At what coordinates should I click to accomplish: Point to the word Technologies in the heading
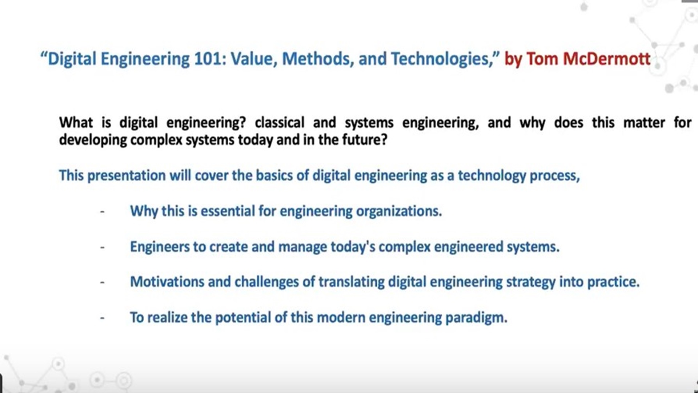(x=441, y=59)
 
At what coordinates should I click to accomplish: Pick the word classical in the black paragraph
(x=279, y=123)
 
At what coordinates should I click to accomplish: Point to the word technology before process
(x=492, y=176)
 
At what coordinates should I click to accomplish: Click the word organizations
(x=399, y=211)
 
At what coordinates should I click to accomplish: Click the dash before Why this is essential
(x=103, y=211)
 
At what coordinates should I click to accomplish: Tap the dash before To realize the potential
(x=103, y=318)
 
